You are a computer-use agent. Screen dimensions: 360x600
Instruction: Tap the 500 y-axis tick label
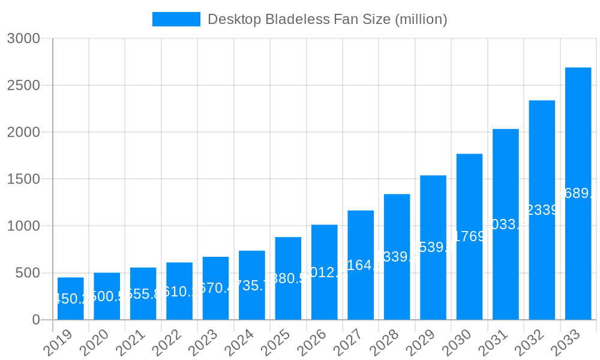(x=27, y=273)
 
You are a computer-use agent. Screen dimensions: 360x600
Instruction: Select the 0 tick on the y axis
(x=35, y=320)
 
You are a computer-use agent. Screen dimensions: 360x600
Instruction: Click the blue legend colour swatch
(x=176, y=19)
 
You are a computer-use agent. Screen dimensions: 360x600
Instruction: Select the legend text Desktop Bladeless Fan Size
(x=327, y=19)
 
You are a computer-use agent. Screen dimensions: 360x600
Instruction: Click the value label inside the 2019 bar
(x=71, y=299)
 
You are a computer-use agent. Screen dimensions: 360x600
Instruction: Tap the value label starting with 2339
(x=542, y=210)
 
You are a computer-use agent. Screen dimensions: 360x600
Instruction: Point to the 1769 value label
(x=469, y=236)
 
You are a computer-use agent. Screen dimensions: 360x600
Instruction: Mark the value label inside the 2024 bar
(x=252, y=286)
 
